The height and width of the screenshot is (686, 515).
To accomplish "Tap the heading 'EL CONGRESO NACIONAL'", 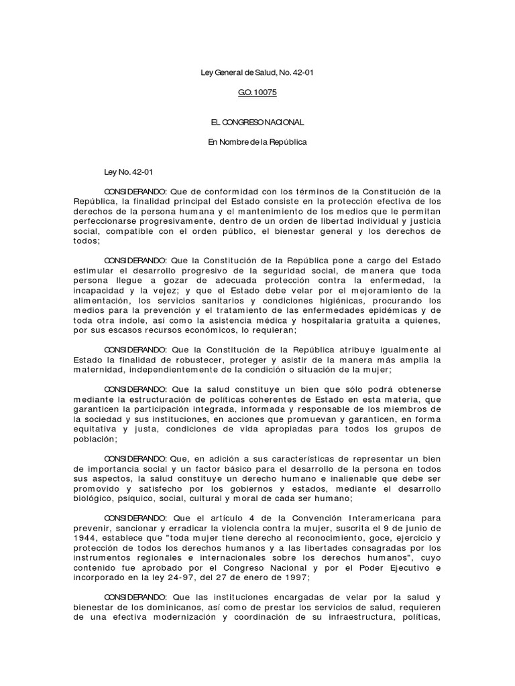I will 257,123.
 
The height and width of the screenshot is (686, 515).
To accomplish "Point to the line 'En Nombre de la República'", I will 257,143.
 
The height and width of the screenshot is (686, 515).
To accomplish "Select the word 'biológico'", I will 95,499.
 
